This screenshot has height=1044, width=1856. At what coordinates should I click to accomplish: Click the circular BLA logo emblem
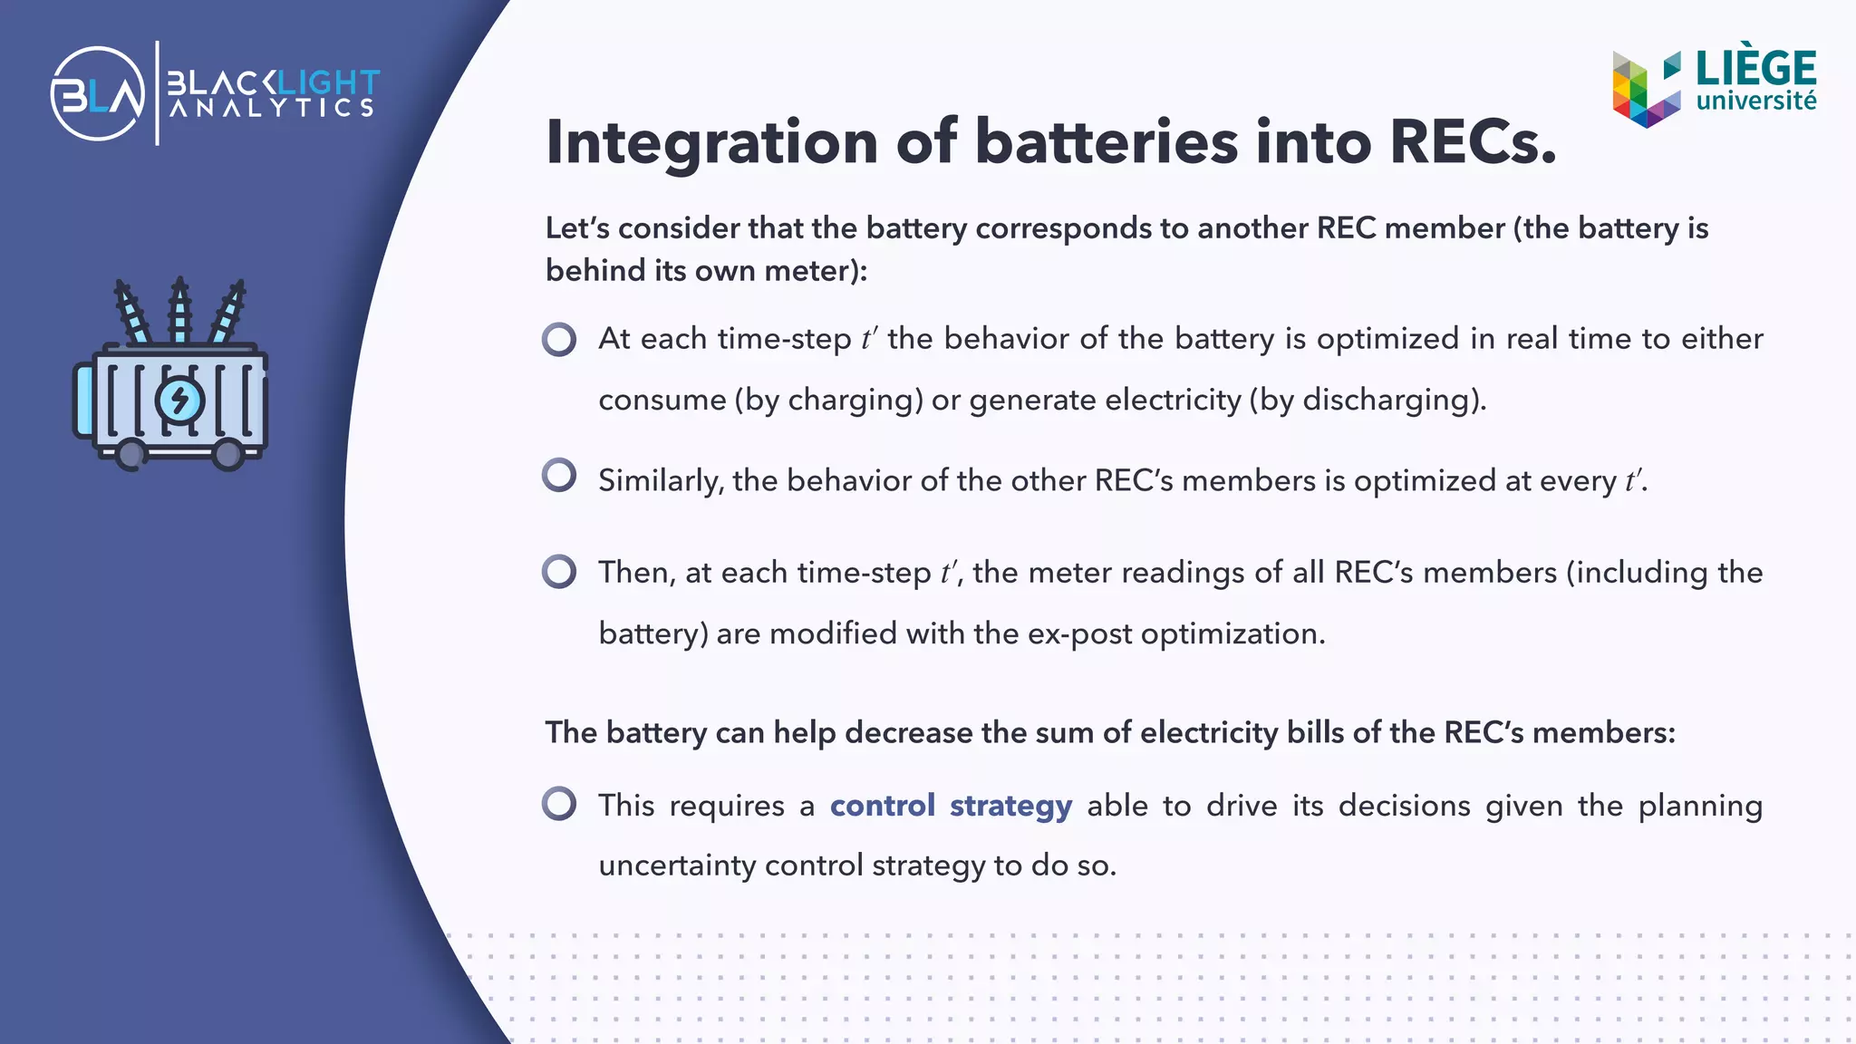click(x=98, y=93)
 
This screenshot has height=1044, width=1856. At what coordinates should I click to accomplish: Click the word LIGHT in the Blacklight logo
click(x=328, y=83)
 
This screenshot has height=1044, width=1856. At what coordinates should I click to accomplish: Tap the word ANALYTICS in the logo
click(x=272, y=109)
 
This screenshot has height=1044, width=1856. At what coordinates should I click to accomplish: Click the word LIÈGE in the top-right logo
click(x=1755, y=69)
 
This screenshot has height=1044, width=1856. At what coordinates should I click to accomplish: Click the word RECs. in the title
click(x=1473, y=142)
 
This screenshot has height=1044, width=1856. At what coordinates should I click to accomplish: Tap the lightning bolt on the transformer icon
click(x=179, y=400)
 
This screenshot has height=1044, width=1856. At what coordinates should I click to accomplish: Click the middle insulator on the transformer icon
click(x=179, y=311)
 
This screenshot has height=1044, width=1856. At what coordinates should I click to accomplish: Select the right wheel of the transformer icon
click(x=227, y=453)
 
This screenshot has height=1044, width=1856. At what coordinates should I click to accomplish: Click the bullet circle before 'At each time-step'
click(x=559, y=340)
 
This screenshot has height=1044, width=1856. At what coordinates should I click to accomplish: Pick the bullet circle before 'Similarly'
click(x=559, y=475)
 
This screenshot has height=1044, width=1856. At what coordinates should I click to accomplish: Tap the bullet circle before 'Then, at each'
click(x=559, y=572)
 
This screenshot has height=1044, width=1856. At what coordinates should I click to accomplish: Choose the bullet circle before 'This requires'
click(x=559, y=804)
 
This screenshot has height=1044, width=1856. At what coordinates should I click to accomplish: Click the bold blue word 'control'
click(x=883, y=806)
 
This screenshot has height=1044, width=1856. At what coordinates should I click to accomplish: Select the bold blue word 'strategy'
click(x=1010, y=806)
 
